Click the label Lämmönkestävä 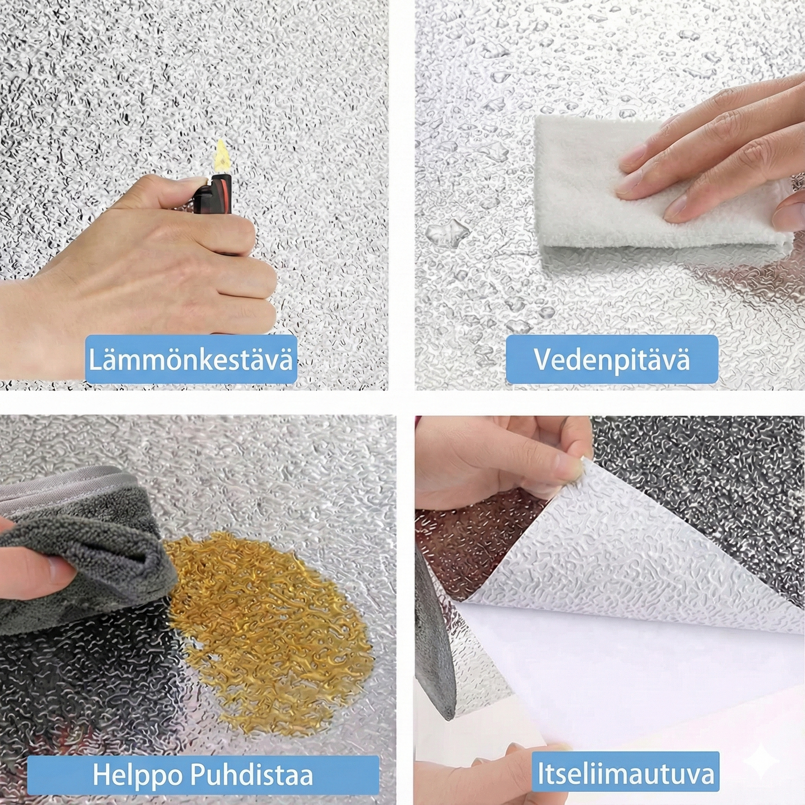pyautogui.click(x=191, y=359)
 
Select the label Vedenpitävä pyautogui.click(x=612, y=359)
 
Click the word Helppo pyautogui.click(x=136, y=775)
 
